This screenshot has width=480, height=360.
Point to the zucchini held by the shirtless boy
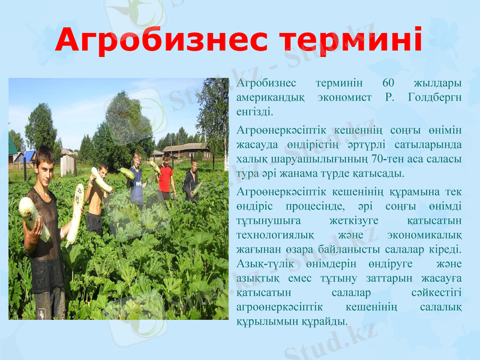tap(101, 180)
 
